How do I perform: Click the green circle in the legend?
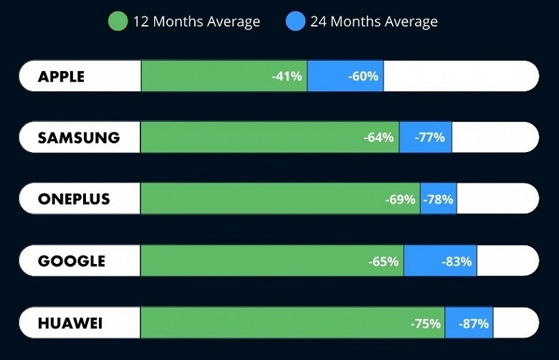point(118,22)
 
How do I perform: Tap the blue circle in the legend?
point(296,22)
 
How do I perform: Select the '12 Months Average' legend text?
point(196,22)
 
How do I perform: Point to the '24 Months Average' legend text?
point(374,22)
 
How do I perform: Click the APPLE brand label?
point(61,76)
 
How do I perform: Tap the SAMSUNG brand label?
point(79,138)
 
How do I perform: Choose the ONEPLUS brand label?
point(75,199)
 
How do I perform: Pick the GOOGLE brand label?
point(72,261)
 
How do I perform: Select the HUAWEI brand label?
point(70,323)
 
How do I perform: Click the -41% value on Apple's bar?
point(287,76)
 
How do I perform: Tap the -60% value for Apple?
point(363,76)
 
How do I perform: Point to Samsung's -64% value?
point(379,138)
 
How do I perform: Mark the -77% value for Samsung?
point(430,138)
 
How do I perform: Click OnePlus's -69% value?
point(400,199)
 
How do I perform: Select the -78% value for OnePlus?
point(438,199)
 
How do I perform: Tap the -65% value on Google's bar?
point(383,261)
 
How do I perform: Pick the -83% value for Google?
point(457,261)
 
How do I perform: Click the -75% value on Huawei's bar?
point(426,323)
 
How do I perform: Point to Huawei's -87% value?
point(474,323)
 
